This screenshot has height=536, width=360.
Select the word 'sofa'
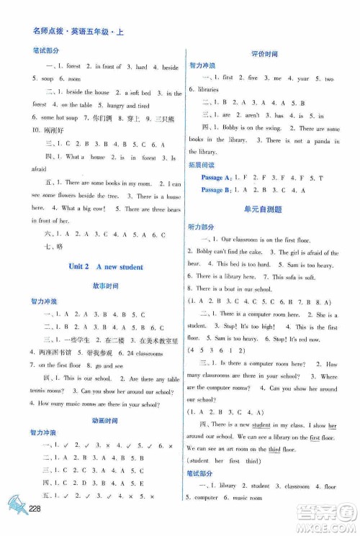(x=301, y=277)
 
